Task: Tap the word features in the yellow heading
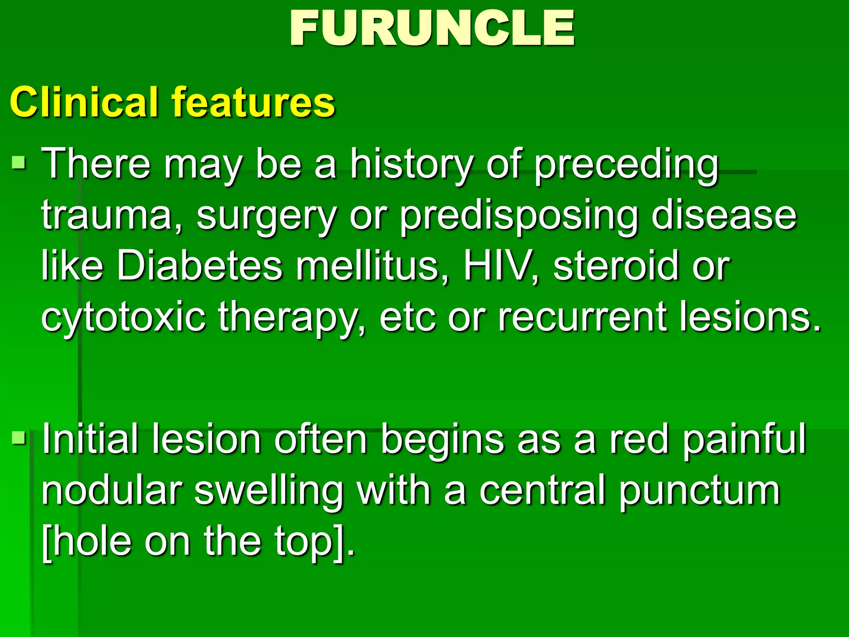click(253, 102)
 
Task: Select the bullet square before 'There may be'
click(19, 163)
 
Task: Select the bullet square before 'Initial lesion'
click(19, 438)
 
